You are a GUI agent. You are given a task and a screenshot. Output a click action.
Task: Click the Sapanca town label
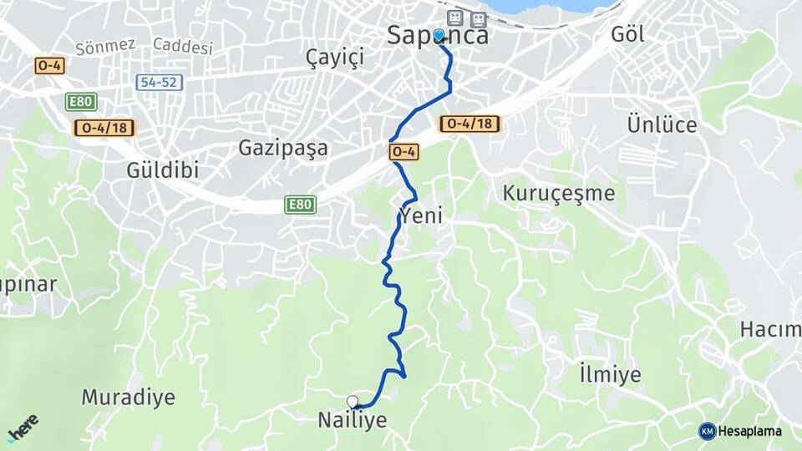(x=438, y=35)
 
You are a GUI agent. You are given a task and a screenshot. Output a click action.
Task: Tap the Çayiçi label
(x=337, y=57)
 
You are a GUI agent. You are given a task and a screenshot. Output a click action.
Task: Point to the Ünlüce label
(x=662, y=124)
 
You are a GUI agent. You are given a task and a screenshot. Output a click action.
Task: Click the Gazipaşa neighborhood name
(x=283, y=148)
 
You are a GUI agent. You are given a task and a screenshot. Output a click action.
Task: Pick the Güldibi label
(x=163, y=170)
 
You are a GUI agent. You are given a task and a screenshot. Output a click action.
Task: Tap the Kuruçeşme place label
(x=558, y=193)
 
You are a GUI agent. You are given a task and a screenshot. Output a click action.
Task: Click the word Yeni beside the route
(x=420, y=216)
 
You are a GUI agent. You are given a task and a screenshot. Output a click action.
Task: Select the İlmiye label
(x=610, y=373)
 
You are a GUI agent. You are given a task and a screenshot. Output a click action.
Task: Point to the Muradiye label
(x=128, y=397)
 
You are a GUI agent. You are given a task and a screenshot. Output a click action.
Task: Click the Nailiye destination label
(x=352, y=420)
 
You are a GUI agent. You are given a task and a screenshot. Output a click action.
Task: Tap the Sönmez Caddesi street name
(x=144, y=46)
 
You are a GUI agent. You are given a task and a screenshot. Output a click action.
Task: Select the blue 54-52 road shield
(x=159, y=83)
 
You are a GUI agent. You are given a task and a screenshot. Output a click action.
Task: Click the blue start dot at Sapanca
(x=439, y=35)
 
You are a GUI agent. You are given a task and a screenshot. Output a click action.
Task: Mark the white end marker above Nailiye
(x=353, y=402)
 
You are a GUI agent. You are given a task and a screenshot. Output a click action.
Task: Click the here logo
(x=23, y=428)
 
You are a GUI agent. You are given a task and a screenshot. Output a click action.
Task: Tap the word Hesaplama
(x=750, y=431)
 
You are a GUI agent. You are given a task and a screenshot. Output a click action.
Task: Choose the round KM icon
(x=708, y=431)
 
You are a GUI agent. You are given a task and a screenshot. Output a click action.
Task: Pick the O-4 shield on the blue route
(x=403, y=152)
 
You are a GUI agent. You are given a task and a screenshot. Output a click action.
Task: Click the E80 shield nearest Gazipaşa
(x=300, y=205)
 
